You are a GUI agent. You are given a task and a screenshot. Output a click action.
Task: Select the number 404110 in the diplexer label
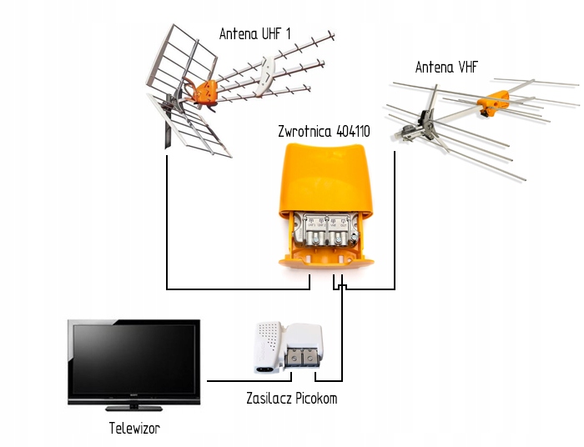pos(353,132)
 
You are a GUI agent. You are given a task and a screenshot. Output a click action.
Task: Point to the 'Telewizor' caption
pos(133,429)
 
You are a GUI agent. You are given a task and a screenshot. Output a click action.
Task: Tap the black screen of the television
pos(133,359)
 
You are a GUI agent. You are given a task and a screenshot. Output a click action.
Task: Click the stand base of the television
pos(133,408)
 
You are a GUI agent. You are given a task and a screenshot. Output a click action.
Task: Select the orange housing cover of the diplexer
pos(326,175)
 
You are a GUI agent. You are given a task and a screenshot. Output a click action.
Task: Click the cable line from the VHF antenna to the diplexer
pos(395,234)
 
